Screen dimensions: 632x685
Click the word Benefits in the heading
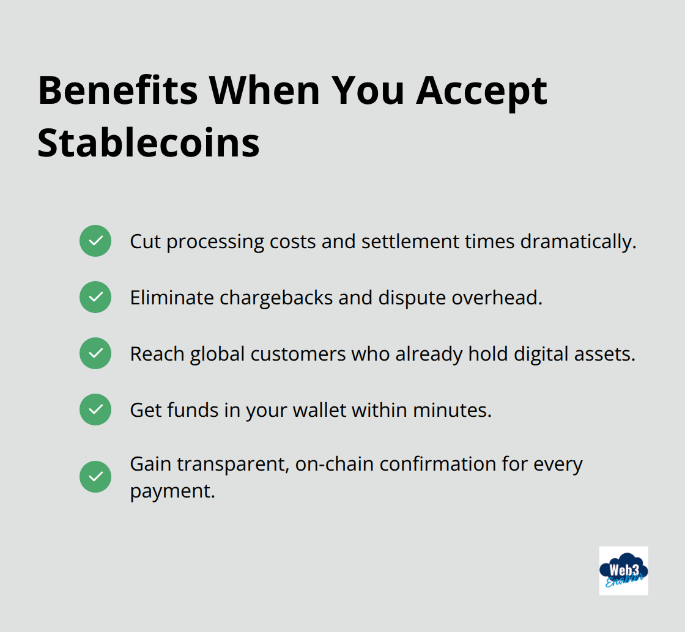tap(117, 90)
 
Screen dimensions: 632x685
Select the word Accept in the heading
tap(481, 90)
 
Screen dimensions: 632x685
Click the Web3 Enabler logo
tap(623, 571)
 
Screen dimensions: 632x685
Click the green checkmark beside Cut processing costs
tap(95, 241)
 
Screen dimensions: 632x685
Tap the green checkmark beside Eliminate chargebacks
tap(95, 297)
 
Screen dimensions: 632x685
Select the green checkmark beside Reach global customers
tap(95, 353)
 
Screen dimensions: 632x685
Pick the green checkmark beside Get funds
tap(95, 410)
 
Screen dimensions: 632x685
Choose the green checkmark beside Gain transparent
tap(95, 477)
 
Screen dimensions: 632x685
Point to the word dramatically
tap(578, 241)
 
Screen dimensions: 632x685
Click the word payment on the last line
tap(172, 490)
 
